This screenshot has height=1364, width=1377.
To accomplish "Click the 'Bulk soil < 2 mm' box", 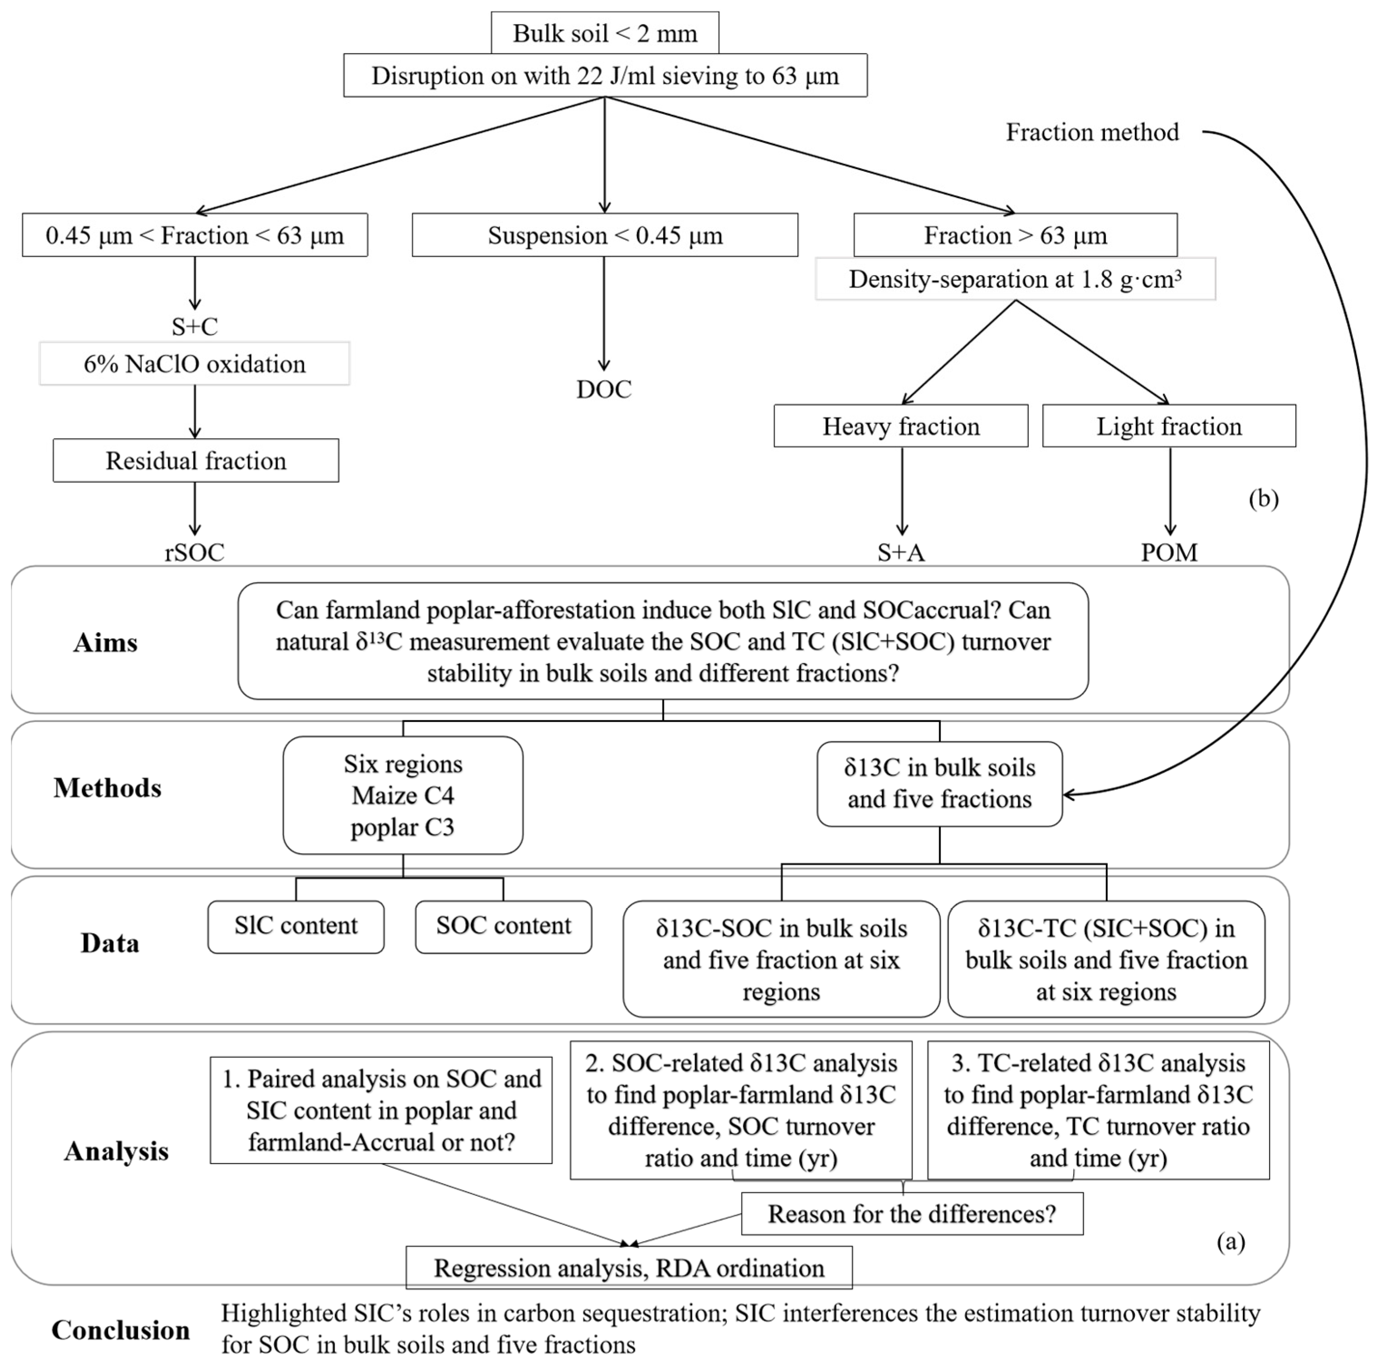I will point(604,33).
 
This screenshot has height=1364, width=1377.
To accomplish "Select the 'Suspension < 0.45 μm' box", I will point(604,235).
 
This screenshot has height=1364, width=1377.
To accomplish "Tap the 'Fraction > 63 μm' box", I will point(1015,235).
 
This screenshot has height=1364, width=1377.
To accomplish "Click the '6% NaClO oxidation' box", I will point(195,364).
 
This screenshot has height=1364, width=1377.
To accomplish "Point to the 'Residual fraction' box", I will point(195,460).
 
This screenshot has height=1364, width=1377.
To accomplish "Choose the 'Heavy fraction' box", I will point(901,426).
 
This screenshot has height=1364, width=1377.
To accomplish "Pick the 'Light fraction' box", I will point(1169,426).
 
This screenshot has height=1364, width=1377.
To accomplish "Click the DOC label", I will point(603,389).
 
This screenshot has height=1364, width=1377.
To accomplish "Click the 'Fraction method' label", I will point(1092,132).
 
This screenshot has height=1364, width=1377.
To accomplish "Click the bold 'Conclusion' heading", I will point(121,1330).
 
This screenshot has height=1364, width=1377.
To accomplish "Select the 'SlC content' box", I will point(296,926).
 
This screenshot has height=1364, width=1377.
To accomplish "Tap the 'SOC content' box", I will point(503,926).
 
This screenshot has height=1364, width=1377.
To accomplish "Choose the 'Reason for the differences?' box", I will point(912,1213).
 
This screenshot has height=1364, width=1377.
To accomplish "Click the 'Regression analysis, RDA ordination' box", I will point(628,1268).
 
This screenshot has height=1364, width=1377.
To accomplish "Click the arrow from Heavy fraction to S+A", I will point(902,491).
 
